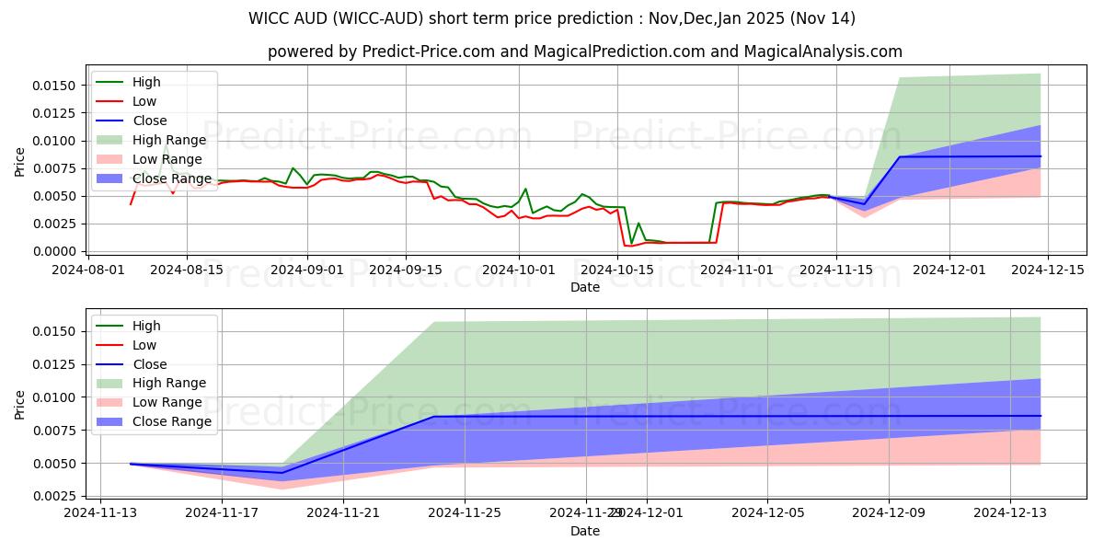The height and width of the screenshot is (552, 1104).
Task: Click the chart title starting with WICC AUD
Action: pos(552,18)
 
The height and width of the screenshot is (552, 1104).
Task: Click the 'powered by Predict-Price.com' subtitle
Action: pos(584,52)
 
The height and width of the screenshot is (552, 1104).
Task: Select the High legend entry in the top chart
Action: pos(146,82)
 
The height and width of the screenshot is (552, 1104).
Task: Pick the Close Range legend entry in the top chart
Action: pos(172,178)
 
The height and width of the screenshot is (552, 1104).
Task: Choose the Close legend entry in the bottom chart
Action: pos(150,364)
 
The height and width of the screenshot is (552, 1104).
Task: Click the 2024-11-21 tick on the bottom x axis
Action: pos(343,513)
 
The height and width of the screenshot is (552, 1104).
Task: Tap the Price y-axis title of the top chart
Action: pos(20,161)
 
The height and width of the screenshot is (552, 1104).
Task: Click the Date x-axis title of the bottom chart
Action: pos(584,531)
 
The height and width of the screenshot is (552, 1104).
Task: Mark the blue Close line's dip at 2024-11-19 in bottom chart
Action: pos(282,473)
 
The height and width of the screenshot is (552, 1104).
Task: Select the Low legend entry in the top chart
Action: pos(144,101)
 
